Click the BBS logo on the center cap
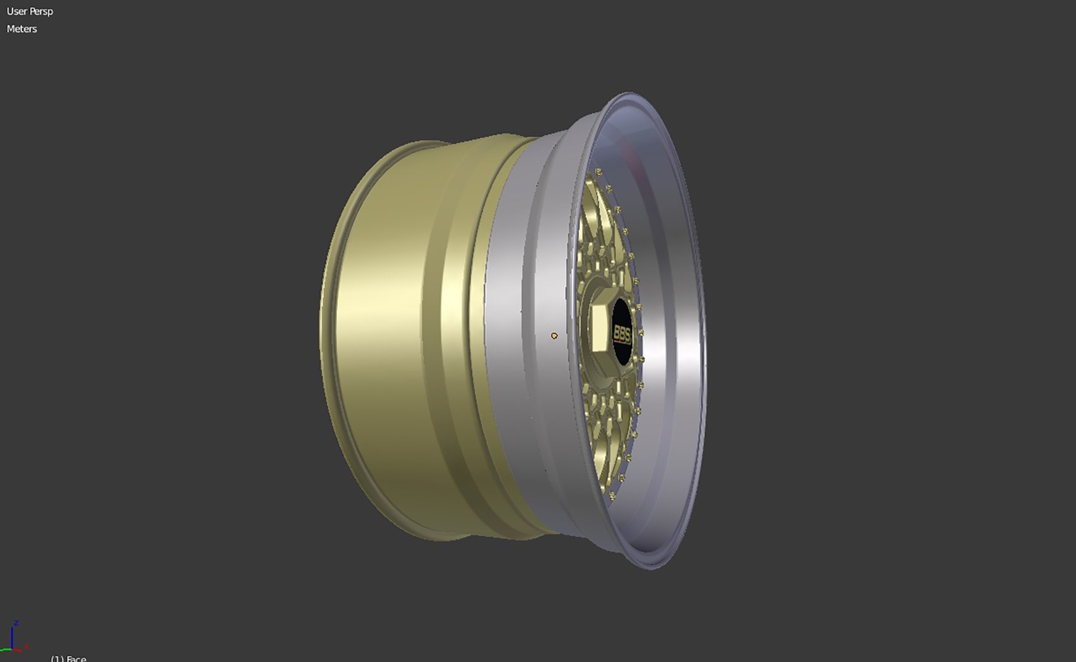622,333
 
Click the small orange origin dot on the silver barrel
555,336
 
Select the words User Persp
30,12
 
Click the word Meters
22,29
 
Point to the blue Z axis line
12,637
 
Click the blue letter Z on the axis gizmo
17,623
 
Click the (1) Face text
68,658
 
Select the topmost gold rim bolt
598,172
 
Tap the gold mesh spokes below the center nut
604,423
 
